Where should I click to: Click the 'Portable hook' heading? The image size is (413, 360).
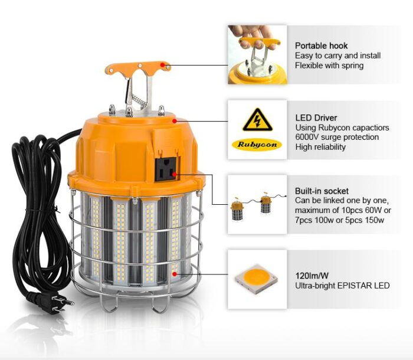[x=321, y=45]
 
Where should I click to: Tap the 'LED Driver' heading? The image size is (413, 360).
[x=316, y=118]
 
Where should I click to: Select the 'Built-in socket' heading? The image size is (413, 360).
[x=322, y=191]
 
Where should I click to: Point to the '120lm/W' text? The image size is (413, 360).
[x=312, y=276]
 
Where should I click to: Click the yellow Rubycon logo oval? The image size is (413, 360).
[x=257, y=144]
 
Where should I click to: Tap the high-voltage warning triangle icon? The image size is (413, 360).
[x=257, y=120]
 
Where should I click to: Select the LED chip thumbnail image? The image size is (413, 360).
[x=257, y=279]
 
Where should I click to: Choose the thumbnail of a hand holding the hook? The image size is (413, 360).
[x=257, y=54]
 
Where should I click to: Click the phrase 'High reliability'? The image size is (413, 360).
[x=321, y=146]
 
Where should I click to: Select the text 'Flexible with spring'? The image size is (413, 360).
[x=329, y=66]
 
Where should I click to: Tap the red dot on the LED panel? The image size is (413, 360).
[x=174, y=274]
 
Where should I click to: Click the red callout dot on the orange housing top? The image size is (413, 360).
[x=175, y=120]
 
